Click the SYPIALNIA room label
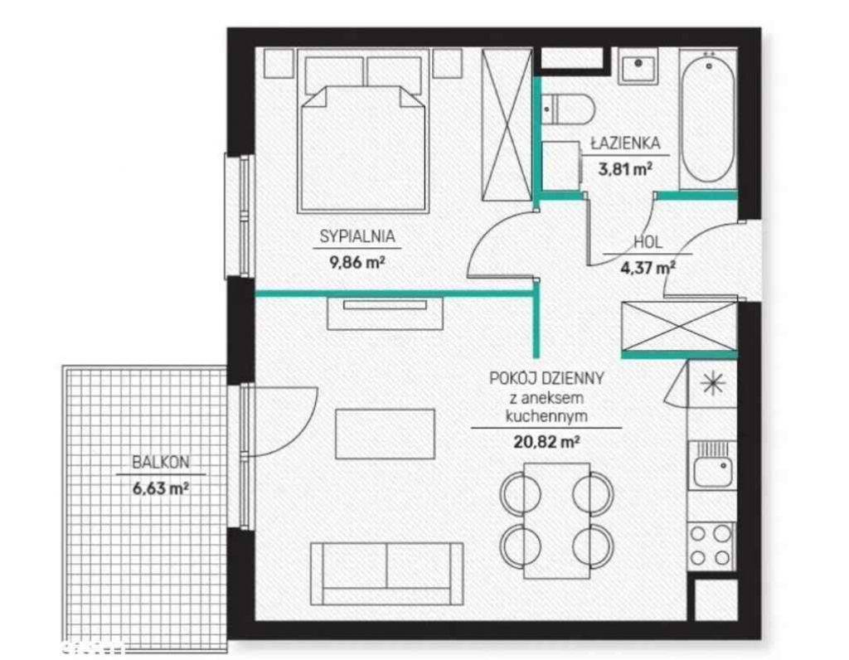[357, 236]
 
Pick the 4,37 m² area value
[648, 267]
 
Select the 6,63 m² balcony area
[158, 488]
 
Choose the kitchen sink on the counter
[712, 466]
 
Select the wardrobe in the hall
[678, 327]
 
